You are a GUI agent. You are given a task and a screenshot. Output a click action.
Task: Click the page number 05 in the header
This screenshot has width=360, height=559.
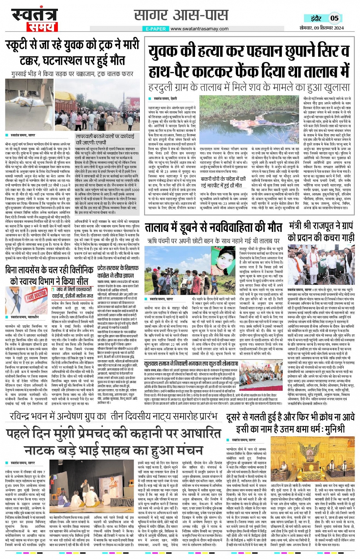point(334,18)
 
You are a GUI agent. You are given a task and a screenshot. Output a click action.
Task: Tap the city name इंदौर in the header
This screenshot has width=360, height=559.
point(316,18)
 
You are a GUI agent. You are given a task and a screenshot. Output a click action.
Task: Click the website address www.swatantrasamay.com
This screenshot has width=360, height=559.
point(199,29)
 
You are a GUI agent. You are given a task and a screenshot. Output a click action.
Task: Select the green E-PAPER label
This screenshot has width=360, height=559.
point(155,29)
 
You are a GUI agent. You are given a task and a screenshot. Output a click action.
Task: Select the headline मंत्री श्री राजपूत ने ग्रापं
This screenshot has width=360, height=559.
point(321,231)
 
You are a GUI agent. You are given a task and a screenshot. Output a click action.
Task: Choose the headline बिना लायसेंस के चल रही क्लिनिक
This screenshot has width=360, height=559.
point(50,275)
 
